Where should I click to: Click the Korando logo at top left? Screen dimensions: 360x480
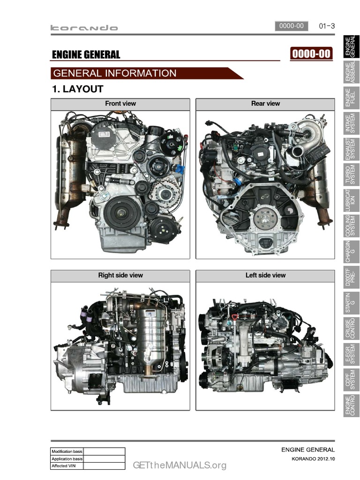pos(84,28)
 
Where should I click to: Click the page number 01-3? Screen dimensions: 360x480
pos(327,26)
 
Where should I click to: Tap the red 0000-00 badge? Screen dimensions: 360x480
pos(311,54)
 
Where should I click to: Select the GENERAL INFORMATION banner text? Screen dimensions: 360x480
pos(115,74)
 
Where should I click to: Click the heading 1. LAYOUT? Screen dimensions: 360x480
pos(78,89)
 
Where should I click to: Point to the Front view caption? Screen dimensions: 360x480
pos(120,104)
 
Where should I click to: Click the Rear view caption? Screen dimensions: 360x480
pos(265,104)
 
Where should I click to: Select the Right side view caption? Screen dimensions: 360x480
pos(120,275)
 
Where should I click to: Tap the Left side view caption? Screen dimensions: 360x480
pos(265,275)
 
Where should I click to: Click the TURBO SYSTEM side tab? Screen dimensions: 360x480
pos(351,174)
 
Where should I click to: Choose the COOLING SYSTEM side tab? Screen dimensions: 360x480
pos(351,226)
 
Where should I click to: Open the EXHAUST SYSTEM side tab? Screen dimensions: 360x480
pos(351,149)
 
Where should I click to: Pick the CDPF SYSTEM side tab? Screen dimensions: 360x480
pos(351,380)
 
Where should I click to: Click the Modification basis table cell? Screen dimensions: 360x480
pos(67,451)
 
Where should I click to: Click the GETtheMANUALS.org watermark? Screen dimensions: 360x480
pos(180,465)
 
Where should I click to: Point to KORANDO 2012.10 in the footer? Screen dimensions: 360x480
pos(313,459)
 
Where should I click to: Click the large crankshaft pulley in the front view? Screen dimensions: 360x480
pos(122,213)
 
